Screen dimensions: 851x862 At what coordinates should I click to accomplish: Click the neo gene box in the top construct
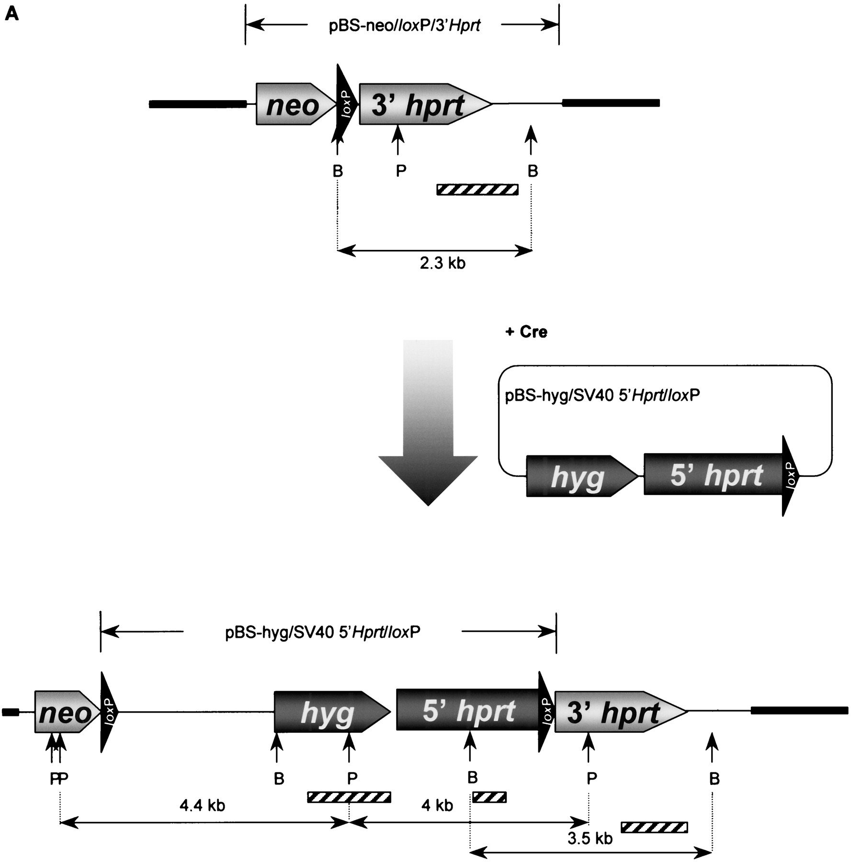[296, 104]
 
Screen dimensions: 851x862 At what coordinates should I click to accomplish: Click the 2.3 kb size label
[443, 263]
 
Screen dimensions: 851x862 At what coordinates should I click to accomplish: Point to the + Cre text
[526, 332]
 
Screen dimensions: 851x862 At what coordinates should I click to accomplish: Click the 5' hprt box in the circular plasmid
[714, 474]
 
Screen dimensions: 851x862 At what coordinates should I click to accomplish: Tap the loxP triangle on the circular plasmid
[790, 476]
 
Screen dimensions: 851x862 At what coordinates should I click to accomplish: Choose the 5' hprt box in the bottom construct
[468, 709]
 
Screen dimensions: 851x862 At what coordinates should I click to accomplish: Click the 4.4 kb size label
[202, 805]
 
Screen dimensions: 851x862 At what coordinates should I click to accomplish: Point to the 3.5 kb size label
[590, 839]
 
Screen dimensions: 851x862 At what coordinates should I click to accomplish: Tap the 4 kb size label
[437, 805]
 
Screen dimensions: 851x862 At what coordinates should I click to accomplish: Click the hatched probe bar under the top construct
[477, 190]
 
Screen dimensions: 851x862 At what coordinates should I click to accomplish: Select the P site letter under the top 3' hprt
[401, 171]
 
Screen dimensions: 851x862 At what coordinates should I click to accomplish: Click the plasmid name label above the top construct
[405, 25]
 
